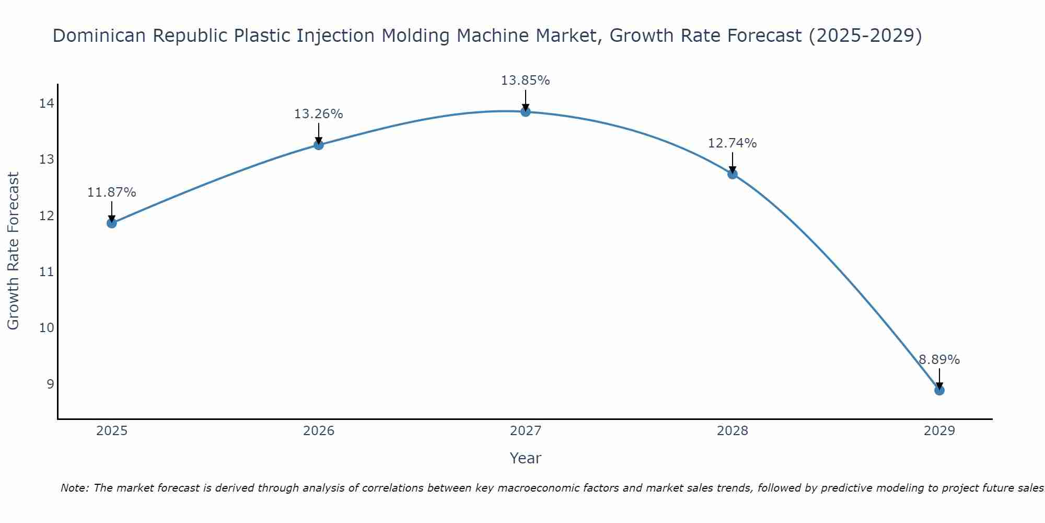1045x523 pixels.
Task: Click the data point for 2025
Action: [111, 223]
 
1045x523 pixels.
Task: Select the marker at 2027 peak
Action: [526, 112]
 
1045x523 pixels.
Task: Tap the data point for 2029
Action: [939, 390]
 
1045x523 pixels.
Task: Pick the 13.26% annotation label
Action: [318, 114]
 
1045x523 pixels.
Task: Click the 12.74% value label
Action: [732, 143]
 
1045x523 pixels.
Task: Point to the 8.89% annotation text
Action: [939, 360]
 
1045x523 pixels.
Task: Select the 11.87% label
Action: [111, 192]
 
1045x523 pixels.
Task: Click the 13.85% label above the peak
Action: [525, 81]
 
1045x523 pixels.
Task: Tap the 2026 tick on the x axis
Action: [319, 431]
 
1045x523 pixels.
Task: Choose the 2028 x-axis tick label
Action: [732, 431]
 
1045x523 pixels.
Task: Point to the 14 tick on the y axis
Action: [47, 104]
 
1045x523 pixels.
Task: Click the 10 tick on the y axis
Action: [47, 328]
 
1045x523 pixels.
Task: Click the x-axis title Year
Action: [525, 458]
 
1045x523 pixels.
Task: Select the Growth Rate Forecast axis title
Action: [14, 251]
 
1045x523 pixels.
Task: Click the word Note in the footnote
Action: [74, 488]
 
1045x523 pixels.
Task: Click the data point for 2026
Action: [318, 145]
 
